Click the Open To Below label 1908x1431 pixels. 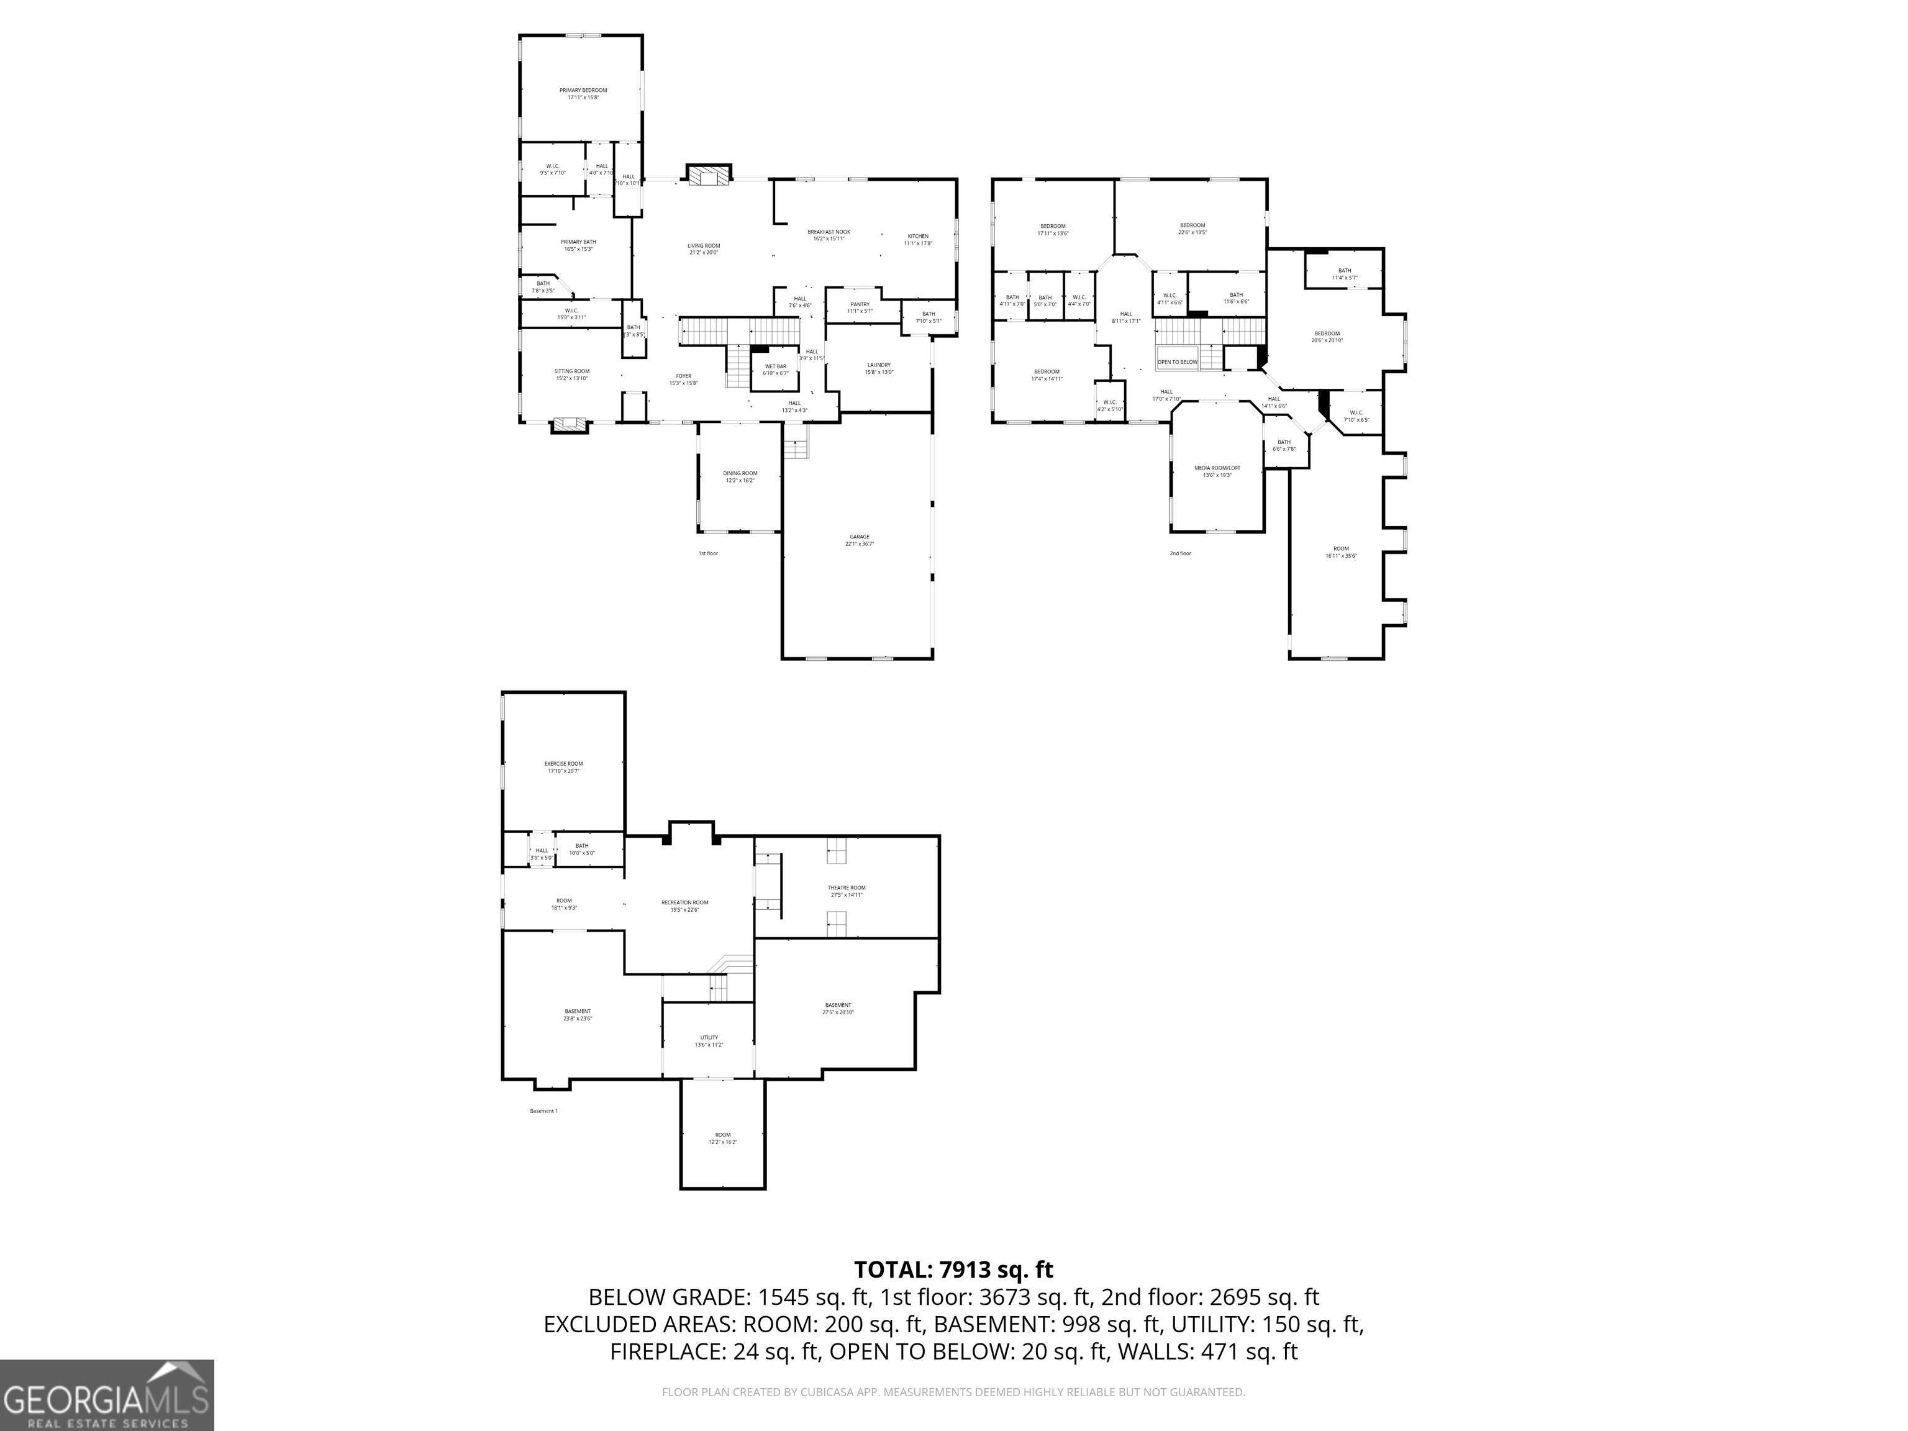(x=1178, y=362)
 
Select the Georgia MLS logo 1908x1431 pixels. (x=107, y=1395)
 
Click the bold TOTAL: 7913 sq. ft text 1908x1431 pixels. (x=953, y=1270)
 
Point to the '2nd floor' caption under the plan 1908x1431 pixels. (x=1180, y=553)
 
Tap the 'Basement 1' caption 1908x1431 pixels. (x=543, y=1111)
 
